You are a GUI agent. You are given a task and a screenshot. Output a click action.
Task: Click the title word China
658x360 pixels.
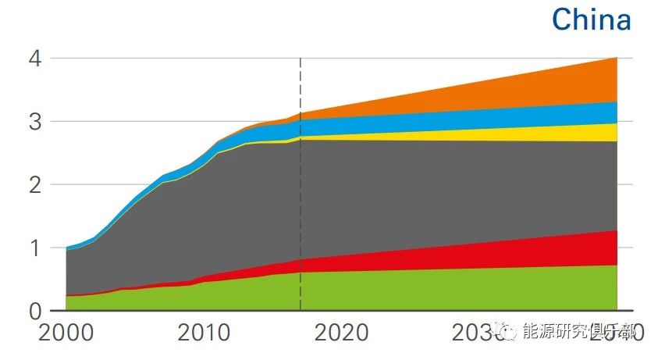click(591, 19)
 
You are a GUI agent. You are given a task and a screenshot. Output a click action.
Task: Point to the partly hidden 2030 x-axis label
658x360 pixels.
click(476, 333)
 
